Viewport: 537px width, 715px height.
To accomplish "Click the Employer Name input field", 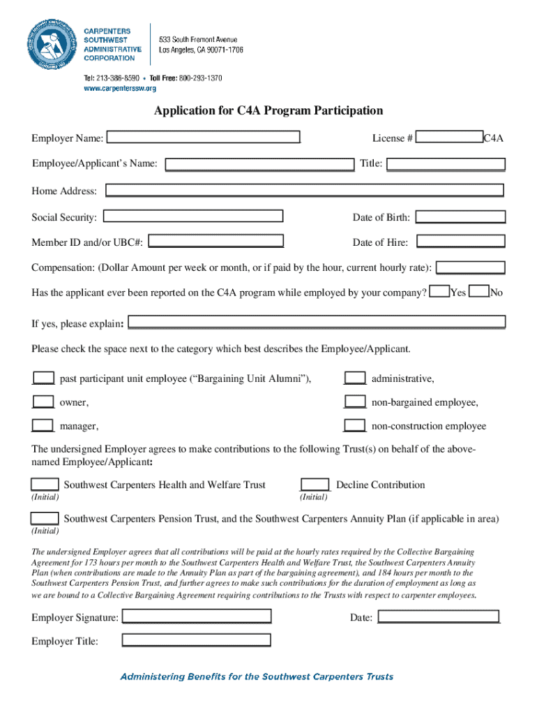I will pos(203,138).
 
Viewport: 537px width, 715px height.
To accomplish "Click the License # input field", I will pos(449,138).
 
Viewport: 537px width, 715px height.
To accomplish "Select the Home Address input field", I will pos(304,190).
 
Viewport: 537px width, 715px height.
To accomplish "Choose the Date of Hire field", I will pos(460,242).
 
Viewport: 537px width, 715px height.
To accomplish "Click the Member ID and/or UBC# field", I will pos(216,242).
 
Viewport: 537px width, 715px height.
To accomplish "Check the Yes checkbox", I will pos(439,292).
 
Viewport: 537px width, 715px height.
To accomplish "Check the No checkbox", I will pos(479,292).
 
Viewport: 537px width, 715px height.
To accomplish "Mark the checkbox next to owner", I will pos(43,401).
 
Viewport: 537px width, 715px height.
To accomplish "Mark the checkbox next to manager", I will pos(43,425).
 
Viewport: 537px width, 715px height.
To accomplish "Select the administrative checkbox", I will pos(355,378).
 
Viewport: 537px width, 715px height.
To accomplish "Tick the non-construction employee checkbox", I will pos(355,425).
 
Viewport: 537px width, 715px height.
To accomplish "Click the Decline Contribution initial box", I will pos(315,485).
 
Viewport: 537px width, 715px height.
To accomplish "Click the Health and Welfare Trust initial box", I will pos(45,485).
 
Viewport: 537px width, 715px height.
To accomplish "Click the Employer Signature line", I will pos(197,617).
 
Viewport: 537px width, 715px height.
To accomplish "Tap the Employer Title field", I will pos(197,640).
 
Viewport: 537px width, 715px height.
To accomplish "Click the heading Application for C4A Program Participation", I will pos(268,110).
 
